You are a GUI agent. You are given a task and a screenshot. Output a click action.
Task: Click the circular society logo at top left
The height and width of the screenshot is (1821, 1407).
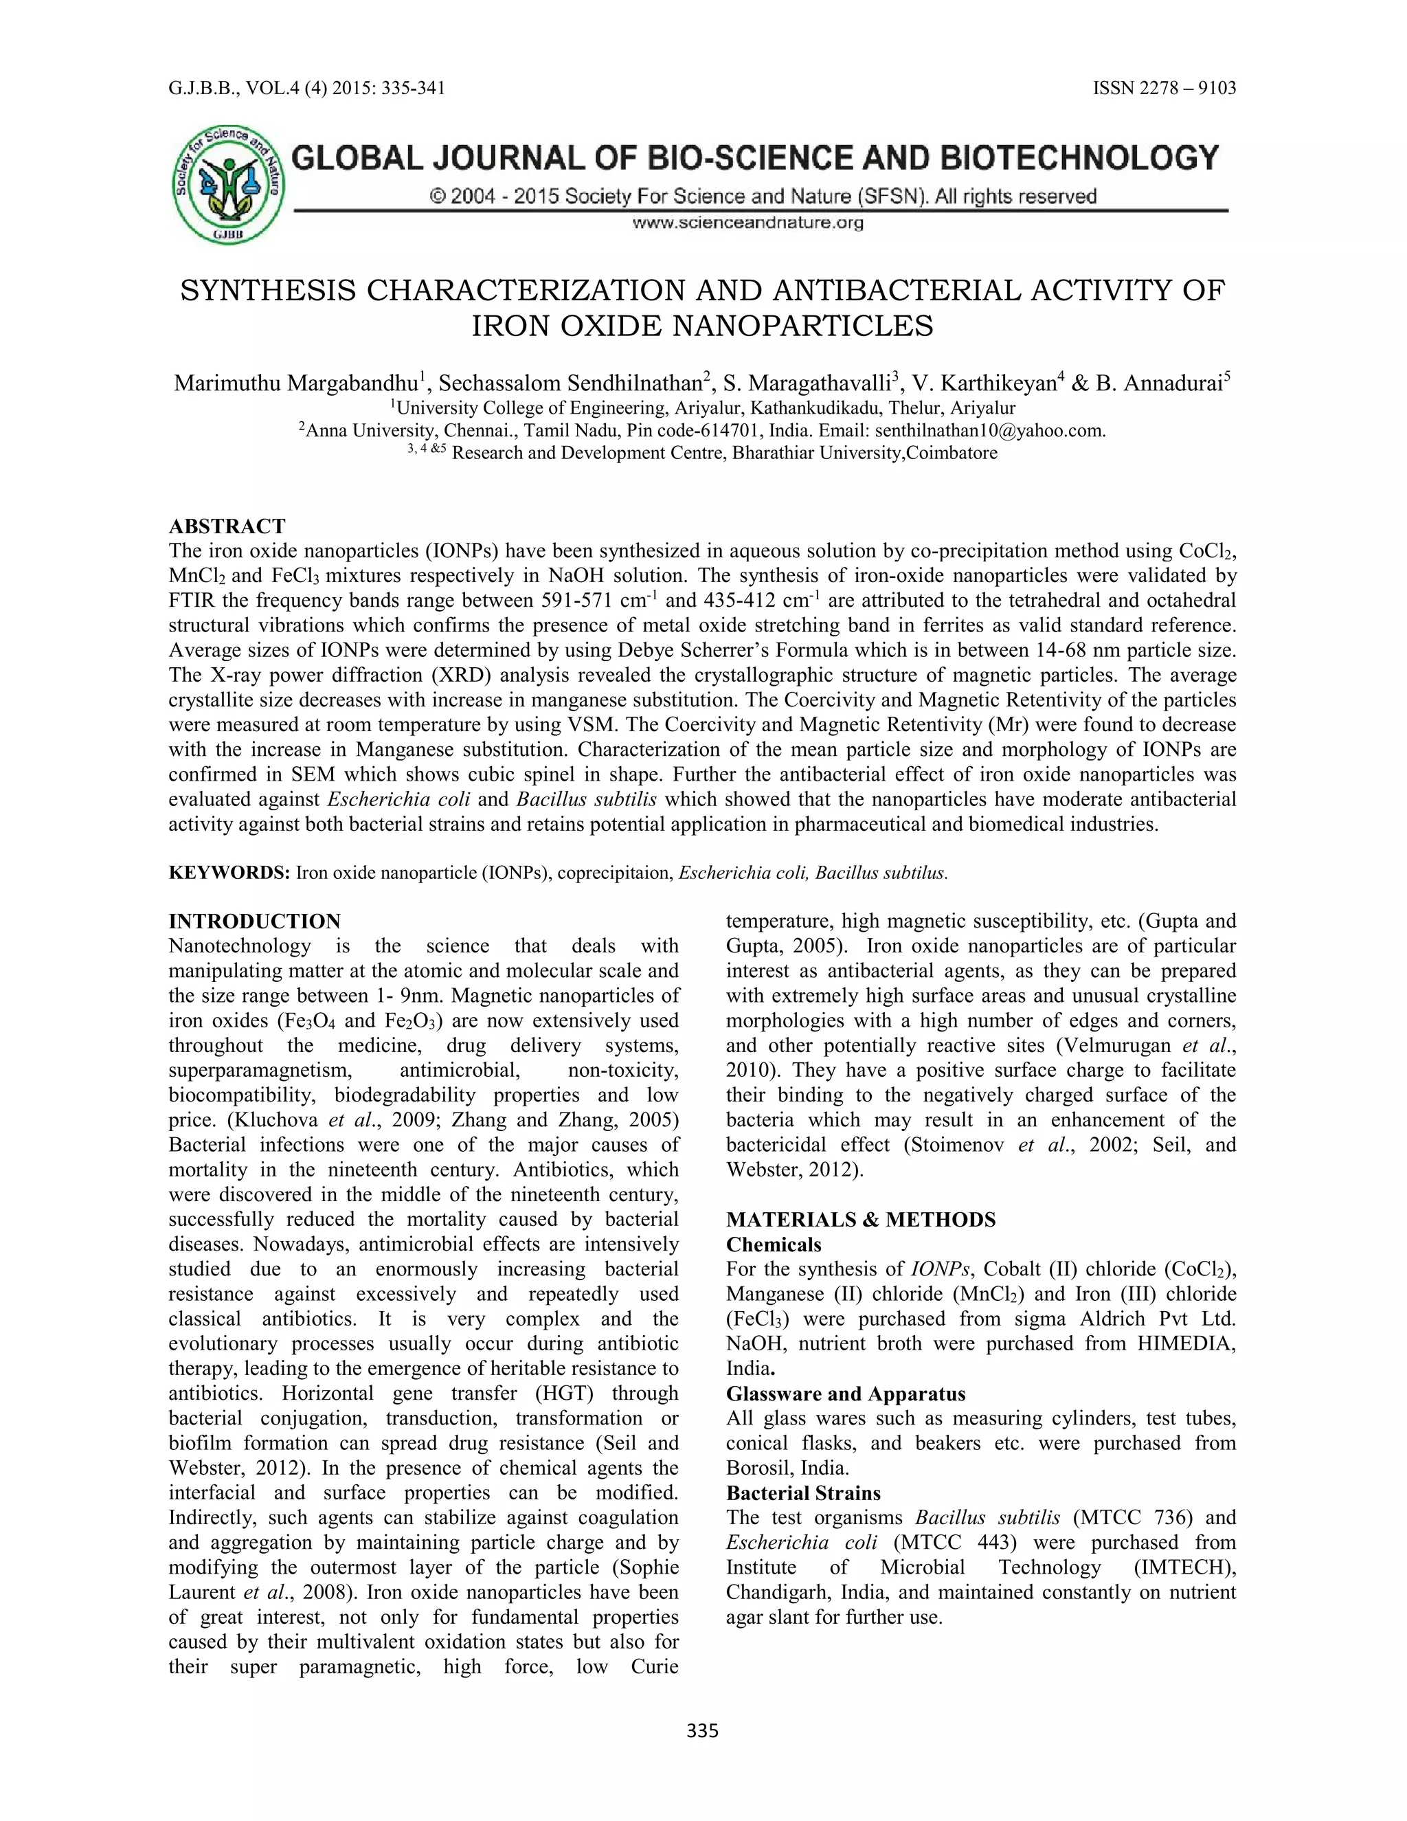(227, 185)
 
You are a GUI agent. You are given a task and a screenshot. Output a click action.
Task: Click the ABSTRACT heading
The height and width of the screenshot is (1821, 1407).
(227, 526)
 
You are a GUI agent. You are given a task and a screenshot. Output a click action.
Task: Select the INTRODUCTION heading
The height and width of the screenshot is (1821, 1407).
(254, 921)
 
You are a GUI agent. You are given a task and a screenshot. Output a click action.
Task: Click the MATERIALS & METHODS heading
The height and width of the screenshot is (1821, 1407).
(860, 1220)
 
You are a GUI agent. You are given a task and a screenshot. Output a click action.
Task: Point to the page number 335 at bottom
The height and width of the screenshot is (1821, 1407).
(702, 1731)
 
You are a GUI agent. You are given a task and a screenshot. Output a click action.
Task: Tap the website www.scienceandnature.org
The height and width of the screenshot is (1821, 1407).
(747, 223)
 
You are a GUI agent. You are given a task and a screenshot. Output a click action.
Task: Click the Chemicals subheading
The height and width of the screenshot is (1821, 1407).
(773, 1245)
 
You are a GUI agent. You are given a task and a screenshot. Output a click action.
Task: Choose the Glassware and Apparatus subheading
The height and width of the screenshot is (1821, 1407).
(845, 1394)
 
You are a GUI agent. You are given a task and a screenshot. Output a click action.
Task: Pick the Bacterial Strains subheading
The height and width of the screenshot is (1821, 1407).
(802, 1493)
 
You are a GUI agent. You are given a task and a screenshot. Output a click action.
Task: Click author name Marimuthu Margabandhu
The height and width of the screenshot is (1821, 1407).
(296, 383)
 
